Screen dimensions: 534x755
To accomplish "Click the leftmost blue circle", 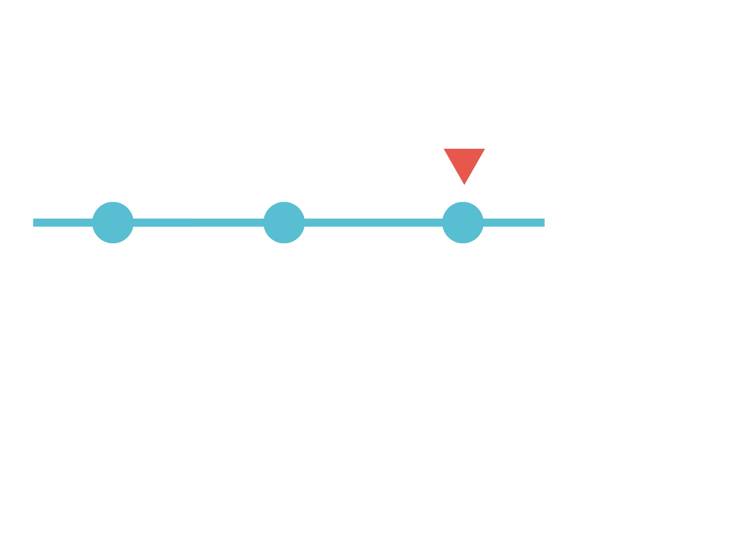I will pos(113,222).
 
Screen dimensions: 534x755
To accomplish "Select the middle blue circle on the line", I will pos(284,222).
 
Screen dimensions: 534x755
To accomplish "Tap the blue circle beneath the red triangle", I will pos(463,222).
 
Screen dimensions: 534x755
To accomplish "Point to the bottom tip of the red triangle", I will pos(464,184).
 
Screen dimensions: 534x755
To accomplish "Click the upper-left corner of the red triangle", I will pos(444,149).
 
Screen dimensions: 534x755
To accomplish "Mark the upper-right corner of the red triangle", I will pos(484,149).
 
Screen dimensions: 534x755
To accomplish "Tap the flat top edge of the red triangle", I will pos(464,149).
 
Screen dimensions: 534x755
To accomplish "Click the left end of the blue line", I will pos(34,222).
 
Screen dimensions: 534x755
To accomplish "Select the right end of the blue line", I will pos(544,222).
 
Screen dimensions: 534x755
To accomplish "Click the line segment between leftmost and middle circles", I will pos(198,222).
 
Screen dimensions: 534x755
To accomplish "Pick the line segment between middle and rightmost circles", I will pos(373,222).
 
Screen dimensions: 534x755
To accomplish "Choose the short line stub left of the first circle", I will pos(62,222).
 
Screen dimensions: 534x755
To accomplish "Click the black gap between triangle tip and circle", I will pos(464,193).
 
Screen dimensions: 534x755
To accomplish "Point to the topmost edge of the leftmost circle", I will pos(113,202).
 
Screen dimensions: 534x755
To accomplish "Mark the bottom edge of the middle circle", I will pos(284,243).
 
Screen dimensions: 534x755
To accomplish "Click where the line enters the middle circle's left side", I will pos(264,222).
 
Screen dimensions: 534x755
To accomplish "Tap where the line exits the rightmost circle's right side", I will pos(483,222).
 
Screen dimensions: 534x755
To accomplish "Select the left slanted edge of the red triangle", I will pos(454,167).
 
